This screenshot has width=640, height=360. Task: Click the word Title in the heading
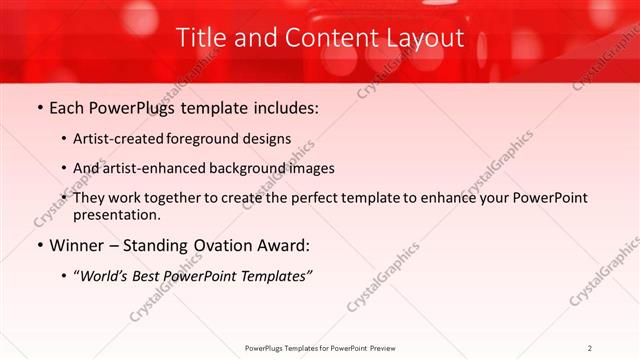[x=200, y=38]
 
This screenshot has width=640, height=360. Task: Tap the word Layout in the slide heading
[x=425, y=38]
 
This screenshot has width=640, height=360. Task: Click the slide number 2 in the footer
[x=590, y=347]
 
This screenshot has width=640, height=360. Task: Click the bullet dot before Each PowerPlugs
[x=39, y=107]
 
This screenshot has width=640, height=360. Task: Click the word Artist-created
[x=116, y=140]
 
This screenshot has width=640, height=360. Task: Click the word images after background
[x=312, y=169]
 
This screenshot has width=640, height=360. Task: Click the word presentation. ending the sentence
[x=117, y=214]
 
